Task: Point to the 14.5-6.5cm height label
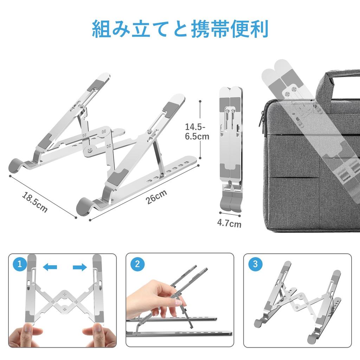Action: click(x=197, y=131)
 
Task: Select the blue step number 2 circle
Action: click(x=137, y=264)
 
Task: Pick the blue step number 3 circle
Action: click(x=255, y=264)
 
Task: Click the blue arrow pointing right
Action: click(x=79, y=268)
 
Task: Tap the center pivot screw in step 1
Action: click(x=64, y=301)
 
